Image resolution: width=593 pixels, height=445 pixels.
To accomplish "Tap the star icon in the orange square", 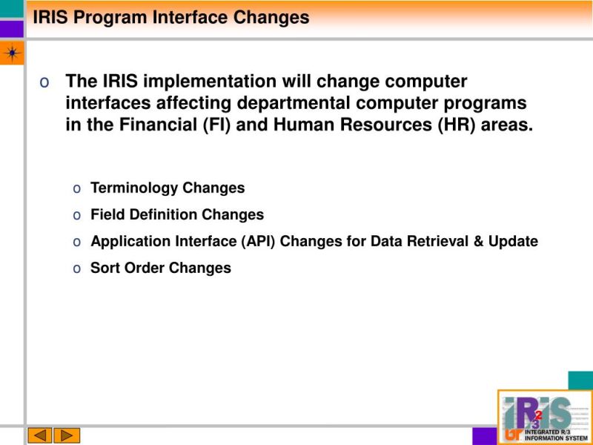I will click(x=12, y=53).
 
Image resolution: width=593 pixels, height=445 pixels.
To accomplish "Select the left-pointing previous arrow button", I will click(x=40, y=435).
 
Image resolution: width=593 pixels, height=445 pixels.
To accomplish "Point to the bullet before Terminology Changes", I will click(x=77, y=188).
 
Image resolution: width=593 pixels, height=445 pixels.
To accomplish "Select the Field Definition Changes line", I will click(x=177, y=215).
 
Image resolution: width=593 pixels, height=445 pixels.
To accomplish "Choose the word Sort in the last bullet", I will click(x=105, y=268).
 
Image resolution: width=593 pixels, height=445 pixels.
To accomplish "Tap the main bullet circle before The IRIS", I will click(x=45, y=82).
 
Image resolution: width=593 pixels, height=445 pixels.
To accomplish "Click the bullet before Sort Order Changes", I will click(x=77, y=268).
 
